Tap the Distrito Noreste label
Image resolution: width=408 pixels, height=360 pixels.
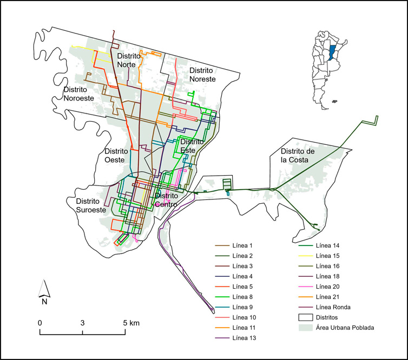(202, 75)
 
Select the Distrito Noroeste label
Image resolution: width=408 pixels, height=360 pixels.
(78, 94)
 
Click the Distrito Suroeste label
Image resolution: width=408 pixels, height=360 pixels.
(83, 205)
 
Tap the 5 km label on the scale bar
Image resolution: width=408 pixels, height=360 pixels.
(130, 323)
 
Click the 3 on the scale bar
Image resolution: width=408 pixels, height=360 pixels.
(83, 323)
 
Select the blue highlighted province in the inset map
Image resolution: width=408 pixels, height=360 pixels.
(331, 52)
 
